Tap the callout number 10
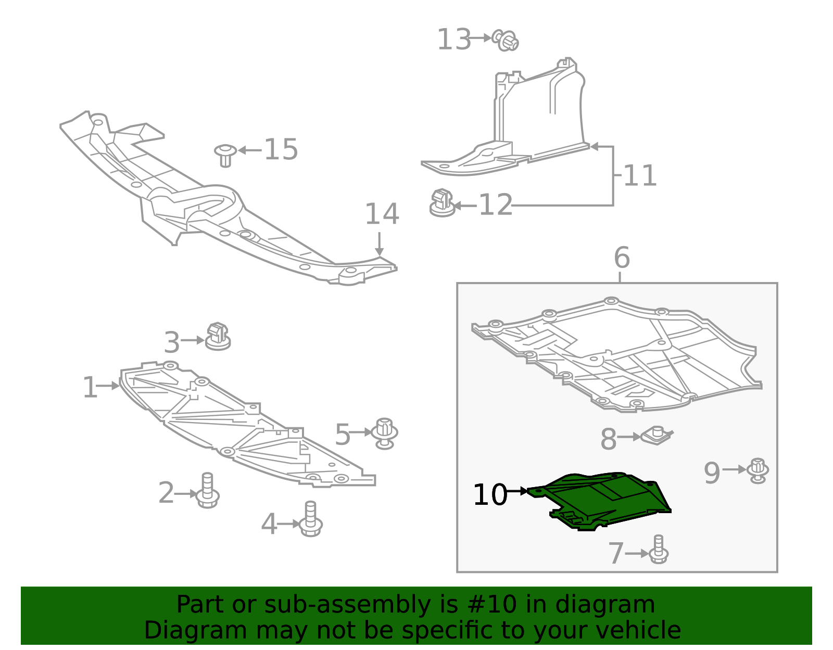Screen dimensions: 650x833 tap(489, 494)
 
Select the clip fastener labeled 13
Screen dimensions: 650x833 tap(506, 40)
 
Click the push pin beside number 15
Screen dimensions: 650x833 tap(225, 155)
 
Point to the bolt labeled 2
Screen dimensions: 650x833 tap(208, 491)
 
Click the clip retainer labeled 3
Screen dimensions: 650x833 tap(218, 337)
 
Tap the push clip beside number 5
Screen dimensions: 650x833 tap(385, 433)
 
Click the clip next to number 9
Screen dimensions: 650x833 tap(758, 470)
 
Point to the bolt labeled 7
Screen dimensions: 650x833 tap(659, 550)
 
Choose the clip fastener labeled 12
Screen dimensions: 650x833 tap(441, 203)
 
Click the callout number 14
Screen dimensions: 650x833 tap(382, 214)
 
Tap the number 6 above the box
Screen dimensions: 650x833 tap(622, 258)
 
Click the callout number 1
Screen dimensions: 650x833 tap(90, 388)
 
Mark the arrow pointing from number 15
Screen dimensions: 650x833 tap(250, 150)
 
